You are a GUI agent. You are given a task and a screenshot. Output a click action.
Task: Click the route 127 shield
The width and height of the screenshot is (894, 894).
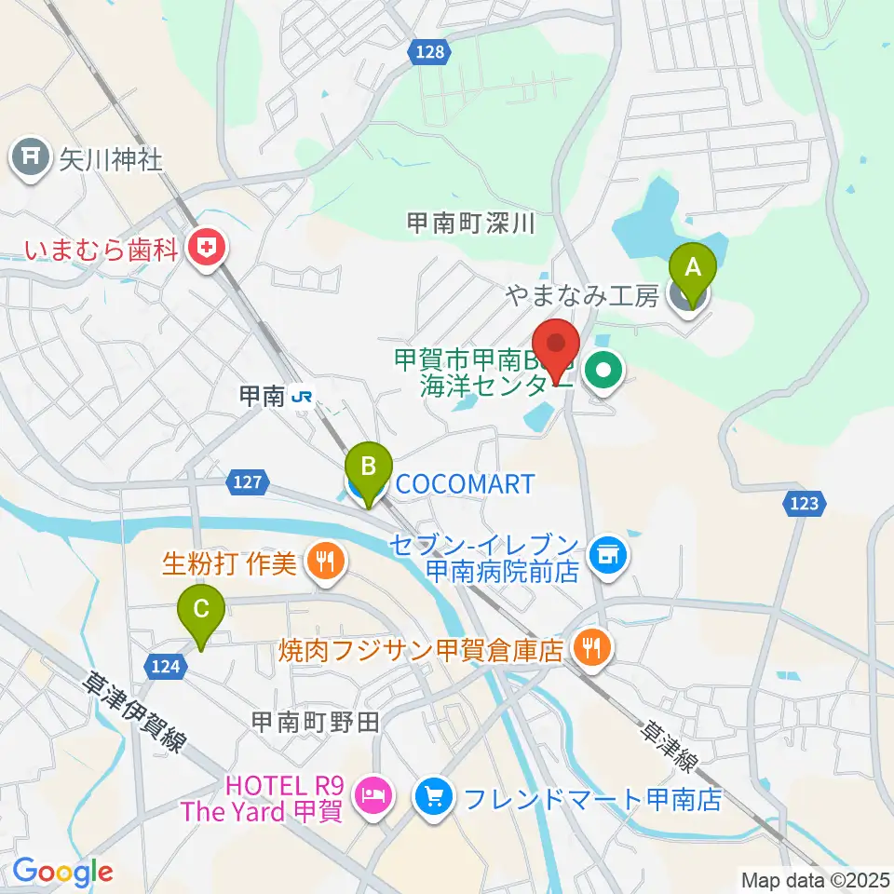[247, 482]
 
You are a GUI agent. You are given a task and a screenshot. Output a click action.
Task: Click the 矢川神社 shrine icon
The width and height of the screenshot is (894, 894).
[31, 156]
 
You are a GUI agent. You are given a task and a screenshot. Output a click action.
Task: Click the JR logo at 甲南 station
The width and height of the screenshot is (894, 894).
[302, 398]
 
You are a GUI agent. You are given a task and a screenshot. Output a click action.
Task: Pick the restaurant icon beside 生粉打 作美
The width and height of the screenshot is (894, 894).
[323, 562]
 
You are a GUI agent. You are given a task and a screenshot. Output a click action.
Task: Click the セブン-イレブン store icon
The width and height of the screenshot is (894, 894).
[609, 555]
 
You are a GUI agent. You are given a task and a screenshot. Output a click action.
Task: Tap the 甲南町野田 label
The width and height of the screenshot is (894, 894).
[315, 722]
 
